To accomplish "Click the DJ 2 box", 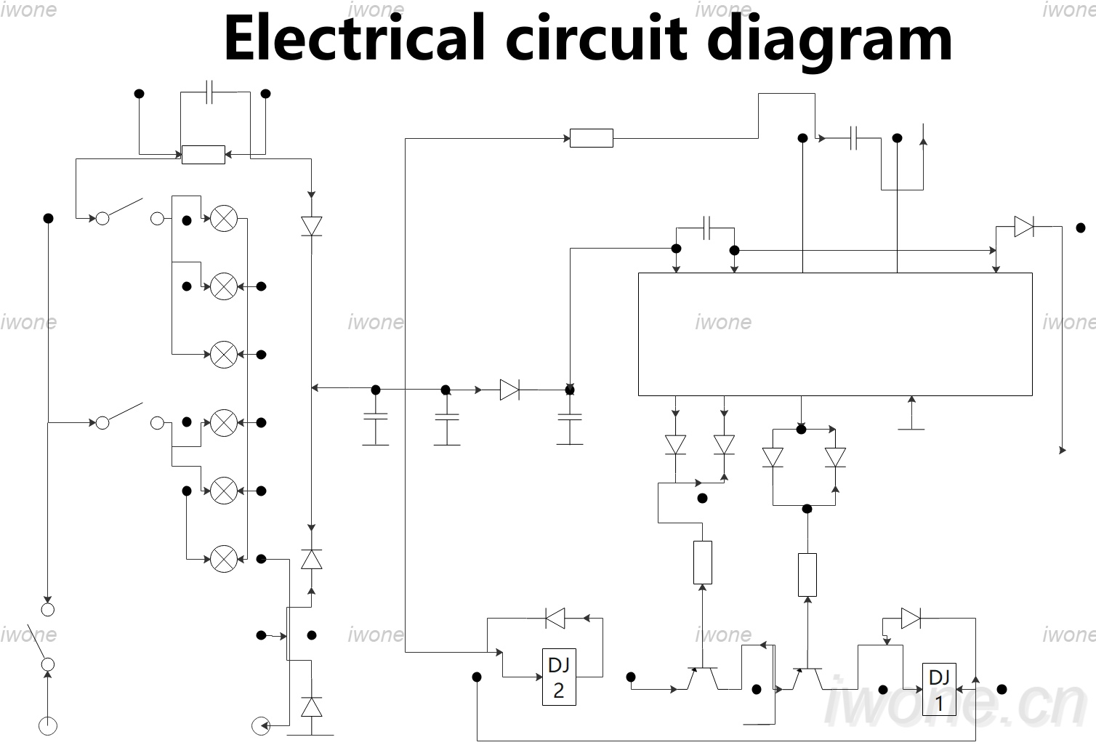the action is coord(559,677).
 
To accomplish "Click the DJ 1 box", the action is coord(939,689).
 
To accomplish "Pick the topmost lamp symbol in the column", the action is coord(224,218).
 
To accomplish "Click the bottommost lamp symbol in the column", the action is coord(224,559).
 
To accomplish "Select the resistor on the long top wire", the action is coord(592,138).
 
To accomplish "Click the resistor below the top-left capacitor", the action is coord(204,155).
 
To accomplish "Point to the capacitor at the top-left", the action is coord(209,92).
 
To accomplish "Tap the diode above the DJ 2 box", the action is coord(555,619).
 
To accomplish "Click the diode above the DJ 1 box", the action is coord(911,619).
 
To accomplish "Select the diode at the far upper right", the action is coord(1024,227).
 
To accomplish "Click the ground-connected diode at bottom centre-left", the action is coord(312,707).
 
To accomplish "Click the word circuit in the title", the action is coord(597,39).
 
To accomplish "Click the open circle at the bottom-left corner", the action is coord(48,726).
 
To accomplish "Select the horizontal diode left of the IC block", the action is coord(509,390).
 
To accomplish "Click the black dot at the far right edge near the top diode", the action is coord(1081,228).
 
